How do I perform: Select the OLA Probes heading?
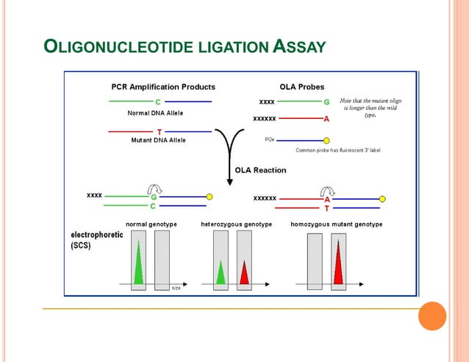[301, 87]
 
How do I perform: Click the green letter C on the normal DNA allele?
[158, 101]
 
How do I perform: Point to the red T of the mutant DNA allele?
[159, 132]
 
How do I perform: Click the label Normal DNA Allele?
[155, 113]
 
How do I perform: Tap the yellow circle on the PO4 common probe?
[326, 140]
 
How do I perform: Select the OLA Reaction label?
[260, 170]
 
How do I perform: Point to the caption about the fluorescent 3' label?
[338, 151]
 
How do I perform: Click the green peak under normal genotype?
[138, 265]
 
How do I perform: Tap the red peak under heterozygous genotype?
[244, 272]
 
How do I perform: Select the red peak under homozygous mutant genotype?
[339, 262]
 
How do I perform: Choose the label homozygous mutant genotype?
[337, 224]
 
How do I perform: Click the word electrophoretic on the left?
[96, 235]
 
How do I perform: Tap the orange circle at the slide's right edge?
[432, 316]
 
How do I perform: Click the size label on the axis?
[176, 288]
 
